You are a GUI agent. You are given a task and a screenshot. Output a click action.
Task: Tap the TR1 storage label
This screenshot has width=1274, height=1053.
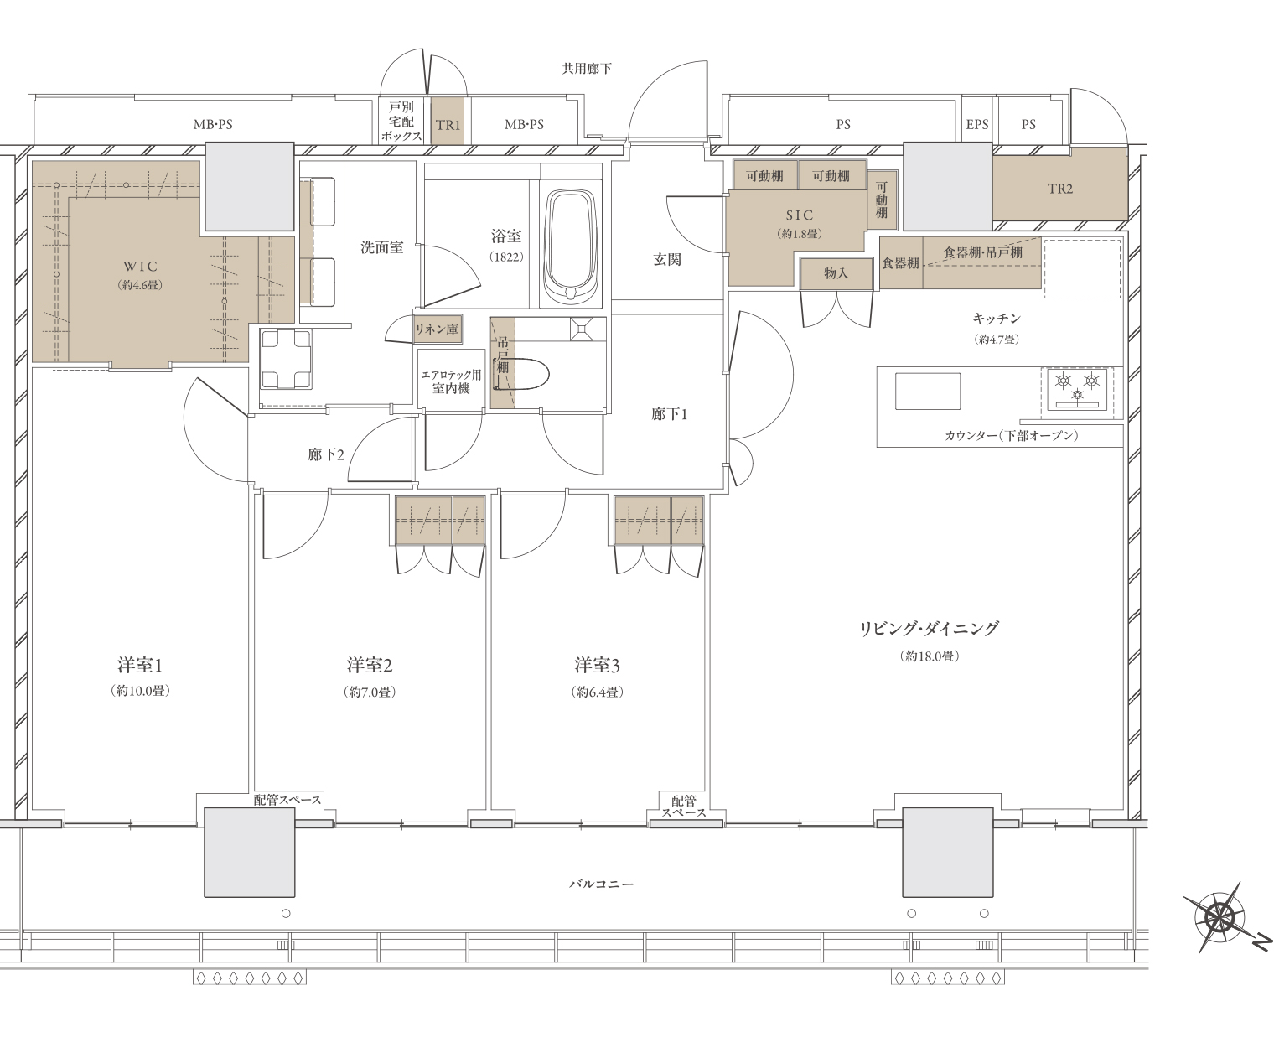pyautogui.click(x=448, y=125)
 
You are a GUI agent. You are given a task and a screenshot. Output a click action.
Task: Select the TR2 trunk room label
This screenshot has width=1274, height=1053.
pyautogui.click(x=1059, y=189)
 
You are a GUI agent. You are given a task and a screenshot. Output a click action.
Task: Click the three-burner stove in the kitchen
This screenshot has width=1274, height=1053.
pyautogui.click(x=1078, y=389)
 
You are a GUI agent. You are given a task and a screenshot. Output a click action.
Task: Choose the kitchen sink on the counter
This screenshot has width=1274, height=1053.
pyautogui.click(x=928, y=392)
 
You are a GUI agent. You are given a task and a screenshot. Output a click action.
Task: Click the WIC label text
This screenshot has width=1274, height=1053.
pyautogui.click(x=140, y=266)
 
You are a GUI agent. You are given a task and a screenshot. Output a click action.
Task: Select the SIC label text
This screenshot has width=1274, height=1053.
pyautogui.click(x=800, y=215)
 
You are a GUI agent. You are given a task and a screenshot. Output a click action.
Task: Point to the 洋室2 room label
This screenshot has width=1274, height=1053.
pyautogui.click(x=370, y=665)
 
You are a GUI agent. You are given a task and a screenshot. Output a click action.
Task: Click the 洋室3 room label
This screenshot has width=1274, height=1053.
pyautogui.click(x=597, y=665)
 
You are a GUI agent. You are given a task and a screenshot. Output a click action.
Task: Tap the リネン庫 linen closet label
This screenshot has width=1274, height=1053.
pyautogui.click(x=436, y=329)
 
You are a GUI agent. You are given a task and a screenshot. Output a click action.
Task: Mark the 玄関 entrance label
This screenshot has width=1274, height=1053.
pyautogui.click(x=667, y=259)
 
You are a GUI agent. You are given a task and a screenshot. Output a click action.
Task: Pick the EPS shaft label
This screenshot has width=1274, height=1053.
pyautogui.click(x=976, y=125)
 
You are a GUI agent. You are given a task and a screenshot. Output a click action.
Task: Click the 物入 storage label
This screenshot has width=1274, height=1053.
pyautogui.click(x=836, y=272)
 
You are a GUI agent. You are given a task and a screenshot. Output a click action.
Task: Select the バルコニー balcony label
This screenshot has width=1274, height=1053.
pyautogui.click(x=602, y=884)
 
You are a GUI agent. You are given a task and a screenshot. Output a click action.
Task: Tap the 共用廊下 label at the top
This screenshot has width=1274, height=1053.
pyautogui.click(x=587, y=69)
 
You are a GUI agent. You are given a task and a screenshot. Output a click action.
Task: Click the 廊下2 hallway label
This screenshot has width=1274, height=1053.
pyautogui.click(x=326, y=454)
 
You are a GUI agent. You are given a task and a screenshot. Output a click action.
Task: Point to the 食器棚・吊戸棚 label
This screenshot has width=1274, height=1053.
pyautogui.click(x=982, y=252)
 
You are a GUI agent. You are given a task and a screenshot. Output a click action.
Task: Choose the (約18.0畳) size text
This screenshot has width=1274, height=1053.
pyautogui.click(x=930, y=656)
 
